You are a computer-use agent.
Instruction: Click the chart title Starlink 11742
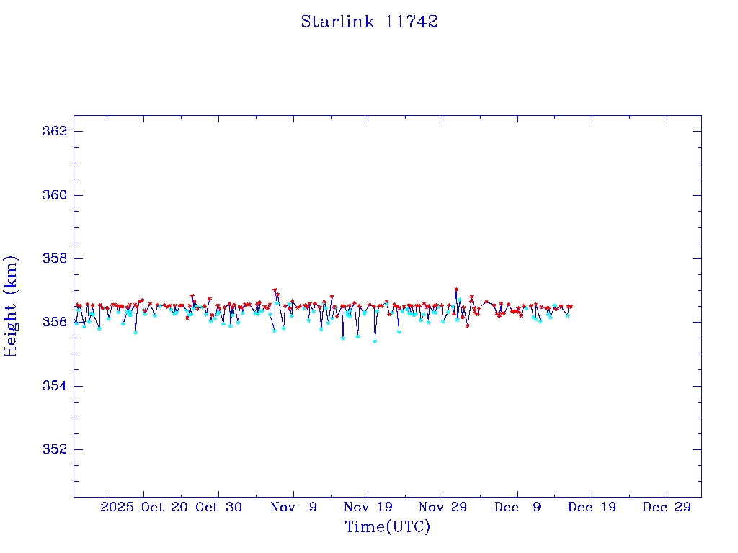[369, 22]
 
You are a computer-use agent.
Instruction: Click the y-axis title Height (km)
[12, 306]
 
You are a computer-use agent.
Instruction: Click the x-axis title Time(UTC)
[387, 527]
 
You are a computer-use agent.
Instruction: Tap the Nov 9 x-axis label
[293, 507]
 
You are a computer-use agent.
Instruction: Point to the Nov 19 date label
[368, 507]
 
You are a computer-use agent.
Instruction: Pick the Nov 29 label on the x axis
[443, 507]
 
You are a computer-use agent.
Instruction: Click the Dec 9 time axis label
[517, 507]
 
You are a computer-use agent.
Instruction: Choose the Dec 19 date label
[592, 507]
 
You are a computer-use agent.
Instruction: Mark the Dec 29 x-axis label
[667, 507]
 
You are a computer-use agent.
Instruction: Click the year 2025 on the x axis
[117, 507]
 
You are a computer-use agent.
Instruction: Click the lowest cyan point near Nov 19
[375, 341]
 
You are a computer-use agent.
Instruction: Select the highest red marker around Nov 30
[456, 289]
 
